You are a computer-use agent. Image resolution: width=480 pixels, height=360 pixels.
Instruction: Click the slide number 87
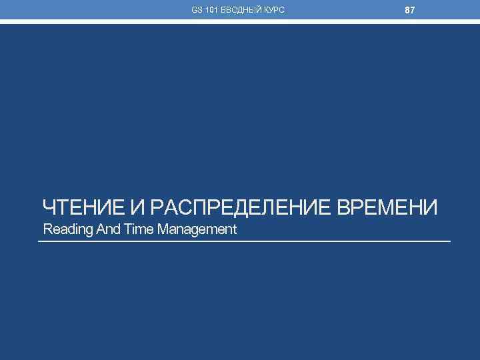point(410,11)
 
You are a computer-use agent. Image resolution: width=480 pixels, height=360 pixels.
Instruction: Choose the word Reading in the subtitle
point(63,230)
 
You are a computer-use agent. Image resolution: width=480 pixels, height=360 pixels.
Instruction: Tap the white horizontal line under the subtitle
point(244,241)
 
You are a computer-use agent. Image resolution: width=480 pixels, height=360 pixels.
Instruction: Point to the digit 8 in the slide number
point(407,11)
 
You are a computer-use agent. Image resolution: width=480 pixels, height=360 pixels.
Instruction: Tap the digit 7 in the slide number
point(413,11)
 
